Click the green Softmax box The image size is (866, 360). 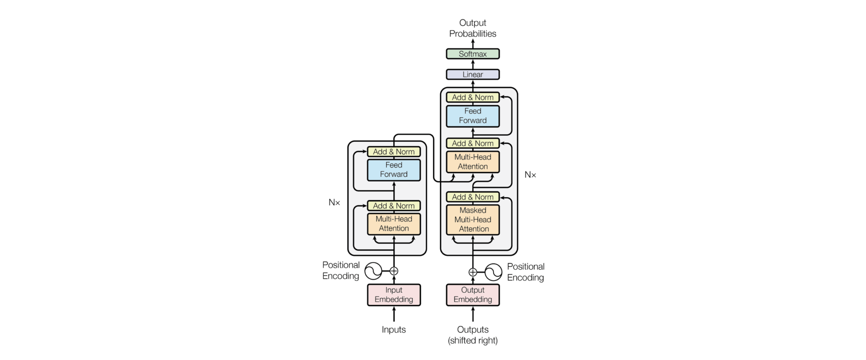[x=472, y=54]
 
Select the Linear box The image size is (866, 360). [x=472, y=74]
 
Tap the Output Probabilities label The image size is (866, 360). [x=472, y=28]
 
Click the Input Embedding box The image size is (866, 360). [x=394, y=295]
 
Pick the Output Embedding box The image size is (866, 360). [x=472, y=295]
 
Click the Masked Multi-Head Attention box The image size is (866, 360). [x=472, y=220]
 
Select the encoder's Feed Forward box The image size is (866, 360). [x=394, y=170]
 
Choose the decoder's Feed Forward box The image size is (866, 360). [x=472, y=116]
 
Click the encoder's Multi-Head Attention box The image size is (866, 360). [x=394, y=224]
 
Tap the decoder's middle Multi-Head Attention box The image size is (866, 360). [x=472, y=162]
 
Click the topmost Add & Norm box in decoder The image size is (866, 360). [x=472, y=97]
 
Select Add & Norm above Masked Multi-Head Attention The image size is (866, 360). [x=472, y=197]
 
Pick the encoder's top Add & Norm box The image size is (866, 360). [x=394, y=151]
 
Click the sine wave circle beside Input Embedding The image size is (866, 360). [x=373, y=271]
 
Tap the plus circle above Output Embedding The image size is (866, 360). [x=473, y=272]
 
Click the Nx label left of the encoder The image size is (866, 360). [x=334, y=203]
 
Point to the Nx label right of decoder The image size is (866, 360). [x=530, y=175]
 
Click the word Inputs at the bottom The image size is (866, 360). [x=394, y=330]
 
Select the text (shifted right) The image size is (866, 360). [x=472, y=341]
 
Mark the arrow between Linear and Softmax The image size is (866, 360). [x=473, y=64]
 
